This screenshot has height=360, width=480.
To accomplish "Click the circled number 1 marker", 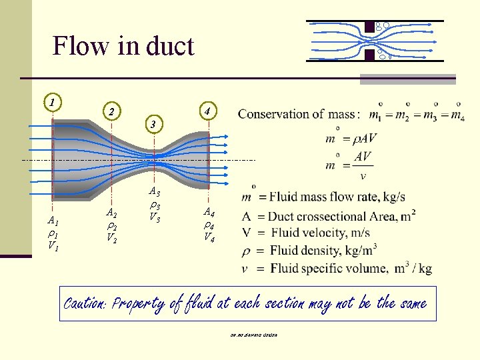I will pos(51,102).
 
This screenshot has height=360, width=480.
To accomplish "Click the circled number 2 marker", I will pos(113,111).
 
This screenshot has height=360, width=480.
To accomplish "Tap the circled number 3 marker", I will pos(153,124).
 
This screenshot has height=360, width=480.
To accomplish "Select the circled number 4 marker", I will pos(209,110).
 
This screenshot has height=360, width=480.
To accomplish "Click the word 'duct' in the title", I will pos(167,46).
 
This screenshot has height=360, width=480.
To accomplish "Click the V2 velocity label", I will pos(111,239).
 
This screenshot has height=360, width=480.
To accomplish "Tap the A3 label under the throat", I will pos(154,193).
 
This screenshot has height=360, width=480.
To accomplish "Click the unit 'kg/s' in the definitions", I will pos(390,197).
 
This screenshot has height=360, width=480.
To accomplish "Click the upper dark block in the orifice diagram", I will pos(369,27).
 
